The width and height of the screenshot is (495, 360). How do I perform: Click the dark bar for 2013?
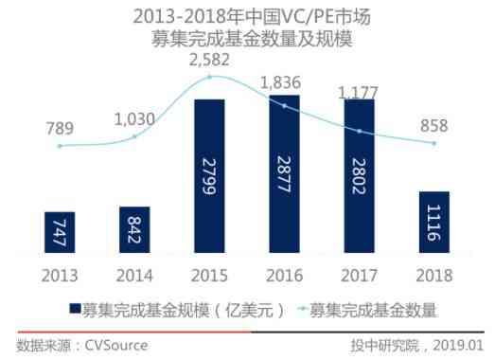click(59, 232)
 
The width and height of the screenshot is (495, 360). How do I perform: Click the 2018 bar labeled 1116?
click(433, 223)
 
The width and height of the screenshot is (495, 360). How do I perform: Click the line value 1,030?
click(133, 119)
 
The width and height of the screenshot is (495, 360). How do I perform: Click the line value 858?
click(433, 126)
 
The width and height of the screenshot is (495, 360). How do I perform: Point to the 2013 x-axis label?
click(59, 275)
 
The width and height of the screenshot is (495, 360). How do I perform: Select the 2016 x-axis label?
click(284, 275)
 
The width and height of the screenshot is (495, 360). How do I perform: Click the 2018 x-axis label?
click(433, 275)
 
